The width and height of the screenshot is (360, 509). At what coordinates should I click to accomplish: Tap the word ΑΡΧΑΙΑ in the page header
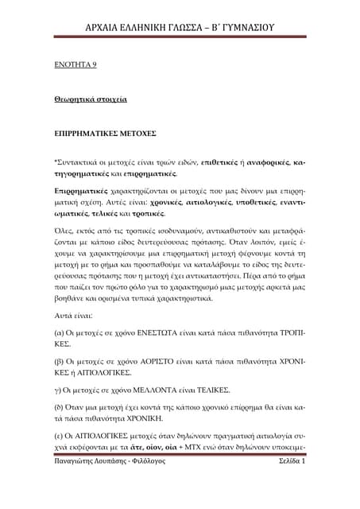[109, 28]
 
